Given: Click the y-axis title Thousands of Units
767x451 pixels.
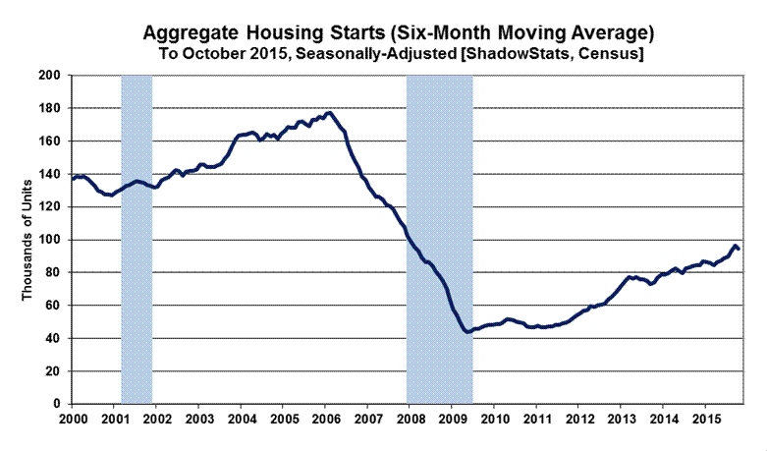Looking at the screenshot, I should (29, 239).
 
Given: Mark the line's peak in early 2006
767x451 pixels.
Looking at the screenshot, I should (327, 112).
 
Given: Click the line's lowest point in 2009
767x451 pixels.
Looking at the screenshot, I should (468, 332).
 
